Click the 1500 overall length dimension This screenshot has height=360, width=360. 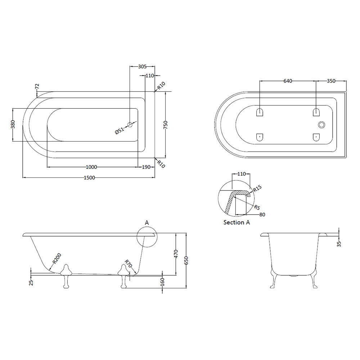click(x=89, y=178)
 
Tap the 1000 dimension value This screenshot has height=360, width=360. click(x=91, y=167)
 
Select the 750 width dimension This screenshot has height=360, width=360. click(x=166, y=125)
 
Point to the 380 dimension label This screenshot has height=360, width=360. click(x=13, y=124)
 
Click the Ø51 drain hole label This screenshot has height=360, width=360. click(x=120, y=131)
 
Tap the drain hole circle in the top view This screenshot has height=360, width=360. click(x=130, y=125)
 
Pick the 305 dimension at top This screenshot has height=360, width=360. click(x=142, y=67)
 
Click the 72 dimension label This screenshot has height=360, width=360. click(x=37, y=86)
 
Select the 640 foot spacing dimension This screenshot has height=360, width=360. click(x=288, y=81)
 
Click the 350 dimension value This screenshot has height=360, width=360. click(x=331, y=81)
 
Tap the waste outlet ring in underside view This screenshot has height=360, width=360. click(x=321, y=125)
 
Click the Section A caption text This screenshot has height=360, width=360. click(x=237, y=222)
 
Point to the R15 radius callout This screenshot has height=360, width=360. click(x=257, y=189)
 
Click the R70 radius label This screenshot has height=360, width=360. click(x=129, y=264)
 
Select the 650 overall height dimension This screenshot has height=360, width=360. click(x=186, y=261)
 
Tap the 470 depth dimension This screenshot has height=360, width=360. click(x=176, y=254)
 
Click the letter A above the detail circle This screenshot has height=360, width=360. click(x=147, y=222)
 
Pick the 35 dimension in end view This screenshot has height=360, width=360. click(x=339, y=244)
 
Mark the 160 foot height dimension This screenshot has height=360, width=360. click(x=162, y=282)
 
